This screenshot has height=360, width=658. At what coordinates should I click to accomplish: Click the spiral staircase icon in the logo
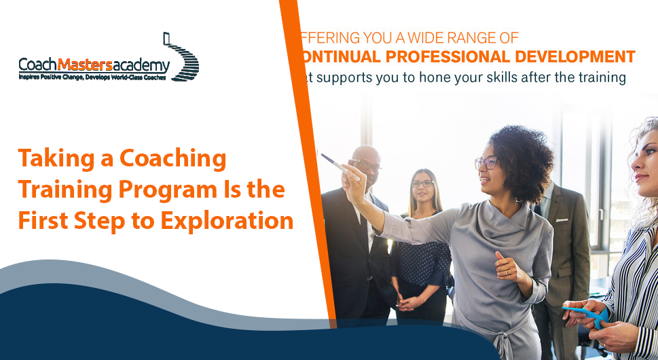pos(181,58)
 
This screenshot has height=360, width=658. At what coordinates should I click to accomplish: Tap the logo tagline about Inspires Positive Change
pos(92,78)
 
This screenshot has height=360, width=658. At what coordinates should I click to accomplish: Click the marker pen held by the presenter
pos(338,165)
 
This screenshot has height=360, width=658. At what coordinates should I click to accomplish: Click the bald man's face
pos(367,166)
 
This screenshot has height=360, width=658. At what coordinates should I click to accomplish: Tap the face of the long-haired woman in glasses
pos(422,186)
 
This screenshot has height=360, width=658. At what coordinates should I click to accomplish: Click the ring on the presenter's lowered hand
pos(506,271)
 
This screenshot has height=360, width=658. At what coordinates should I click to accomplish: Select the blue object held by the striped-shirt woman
pos(585,313)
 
